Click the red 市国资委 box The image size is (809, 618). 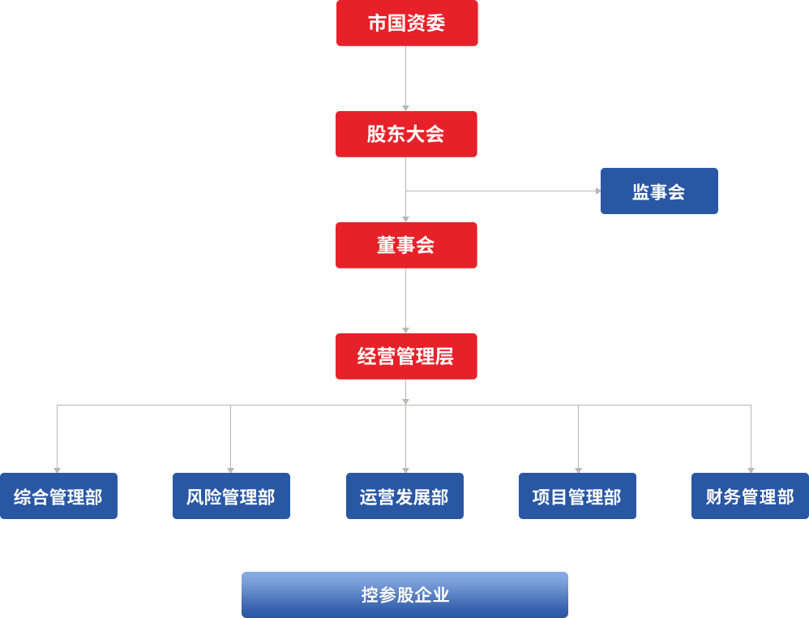tap(407, 24)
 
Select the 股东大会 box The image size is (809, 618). tap(407, 134)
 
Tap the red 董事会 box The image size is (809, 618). tap(407, 245)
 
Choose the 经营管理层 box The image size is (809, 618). tap(407, 356)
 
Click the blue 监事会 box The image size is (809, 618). tap(658, 191)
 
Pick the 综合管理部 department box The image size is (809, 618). tap(59, 496)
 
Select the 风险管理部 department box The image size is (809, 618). tap(231, 496)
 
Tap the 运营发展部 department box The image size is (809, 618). tap(404, 496)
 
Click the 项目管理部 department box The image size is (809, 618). tap(577, 496)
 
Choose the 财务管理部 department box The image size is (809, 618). tap(749, 496)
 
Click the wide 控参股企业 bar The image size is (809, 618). tap(404, 594)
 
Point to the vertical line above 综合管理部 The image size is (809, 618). tap(57, 436)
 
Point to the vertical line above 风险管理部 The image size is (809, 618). tap(230, 436)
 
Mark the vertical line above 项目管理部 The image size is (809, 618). tap(578, 436)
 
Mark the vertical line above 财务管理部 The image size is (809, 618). tap(751, 436)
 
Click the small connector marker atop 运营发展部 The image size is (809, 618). tap(405, 470)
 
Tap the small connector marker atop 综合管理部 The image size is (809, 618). tap(57, 470)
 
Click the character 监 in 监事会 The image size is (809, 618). tap(640, 192)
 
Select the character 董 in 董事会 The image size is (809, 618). tap(386, 245)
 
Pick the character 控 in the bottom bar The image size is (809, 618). tap(370, 595)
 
